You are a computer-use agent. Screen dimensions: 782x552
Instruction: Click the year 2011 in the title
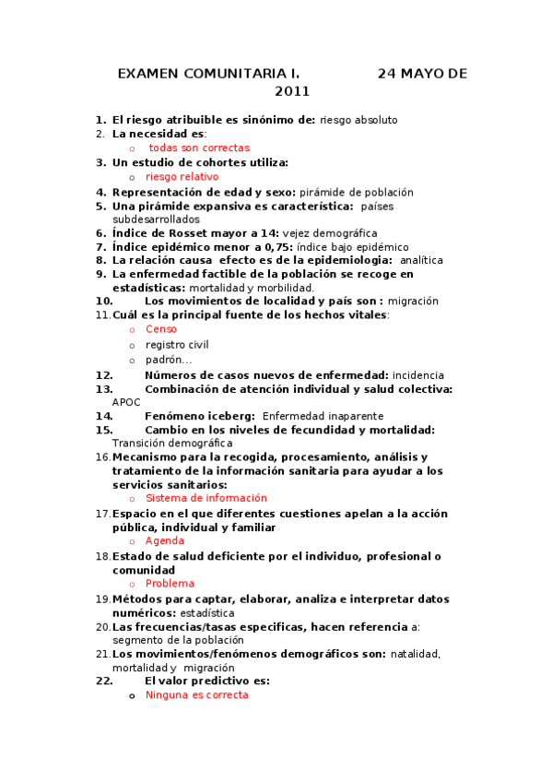click(x=292, y=91)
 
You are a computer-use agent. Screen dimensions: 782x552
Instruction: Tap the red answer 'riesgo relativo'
click(x=182, y=176)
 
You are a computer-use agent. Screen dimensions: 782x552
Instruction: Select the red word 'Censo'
click(x=161, y=329)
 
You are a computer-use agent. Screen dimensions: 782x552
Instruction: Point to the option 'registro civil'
click(x=177, y=345)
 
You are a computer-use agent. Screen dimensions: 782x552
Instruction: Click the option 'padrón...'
click(x=169, y=360)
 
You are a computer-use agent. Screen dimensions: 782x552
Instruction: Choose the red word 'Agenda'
click(x=165, y=541)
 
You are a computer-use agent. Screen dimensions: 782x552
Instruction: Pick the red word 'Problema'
click(x=170, y=584)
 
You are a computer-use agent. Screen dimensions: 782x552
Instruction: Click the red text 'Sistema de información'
click(x=206, y=498)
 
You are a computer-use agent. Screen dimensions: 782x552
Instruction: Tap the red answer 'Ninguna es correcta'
click(x=196, y=695)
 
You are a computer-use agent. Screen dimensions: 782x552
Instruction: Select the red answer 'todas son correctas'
click(x=199, y=148)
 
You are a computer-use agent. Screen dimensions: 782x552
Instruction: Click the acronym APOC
click(x=126, y=402)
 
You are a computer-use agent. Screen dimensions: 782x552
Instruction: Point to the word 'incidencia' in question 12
click(x=417, y=375)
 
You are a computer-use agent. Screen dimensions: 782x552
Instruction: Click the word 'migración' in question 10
click(x=413, y=301)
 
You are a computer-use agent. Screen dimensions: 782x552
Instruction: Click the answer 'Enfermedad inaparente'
click(x=316, y=416)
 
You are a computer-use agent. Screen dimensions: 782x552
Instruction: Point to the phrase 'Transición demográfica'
click(x=173, y=443)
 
